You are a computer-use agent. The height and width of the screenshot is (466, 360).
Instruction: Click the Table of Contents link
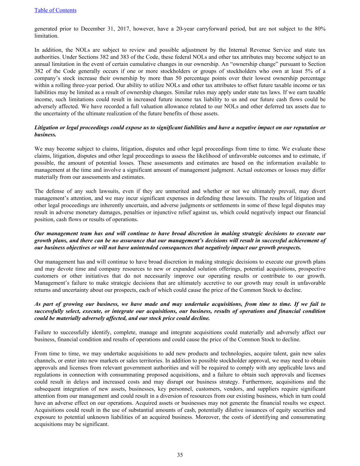[55, 10]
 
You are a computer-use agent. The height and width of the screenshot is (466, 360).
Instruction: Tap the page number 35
[180, 455]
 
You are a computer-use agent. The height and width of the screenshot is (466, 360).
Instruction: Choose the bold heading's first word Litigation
[47, 128]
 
